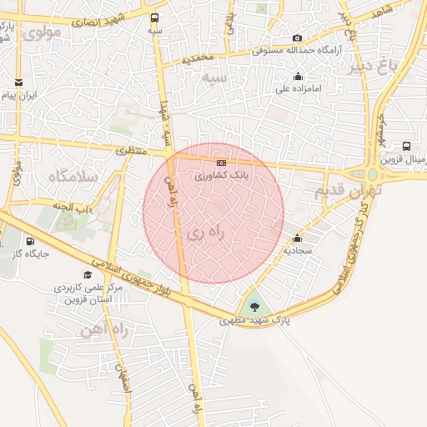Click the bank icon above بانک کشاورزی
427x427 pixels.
221,163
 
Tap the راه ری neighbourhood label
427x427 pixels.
204,233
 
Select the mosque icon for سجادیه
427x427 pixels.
298,239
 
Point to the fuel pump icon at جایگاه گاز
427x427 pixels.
31,241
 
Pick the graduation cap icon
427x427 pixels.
88,275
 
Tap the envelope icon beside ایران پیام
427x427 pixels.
18,83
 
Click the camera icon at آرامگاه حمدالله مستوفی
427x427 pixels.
298,38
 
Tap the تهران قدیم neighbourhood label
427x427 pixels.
348,191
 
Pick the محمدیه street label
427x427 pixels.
198,59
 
